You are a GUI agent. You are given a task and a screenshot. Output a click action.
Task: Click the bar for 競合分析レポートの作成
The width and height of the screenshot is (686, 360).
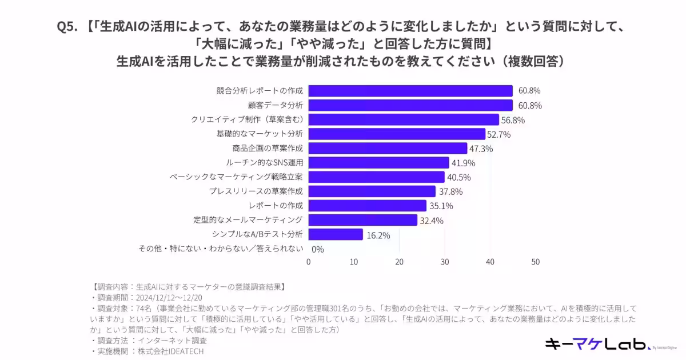410,91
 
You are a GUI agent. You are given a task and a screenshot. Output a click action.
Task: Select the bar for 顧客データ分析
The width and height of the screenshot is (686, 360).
410,105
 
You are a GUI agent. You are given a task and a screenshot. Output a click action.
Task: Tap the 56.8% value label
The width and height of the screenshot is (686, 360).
513,120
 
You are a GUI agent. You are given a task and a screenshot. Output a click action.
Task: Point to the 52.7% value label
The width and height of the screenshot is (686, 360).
499,134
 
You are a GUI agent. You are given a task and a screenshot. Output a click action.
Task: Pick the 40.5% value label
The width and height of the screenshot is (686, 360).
458,177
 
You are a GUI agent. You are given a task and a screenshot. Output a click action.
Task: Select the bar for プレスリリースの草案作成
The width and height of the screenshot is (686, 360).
372,191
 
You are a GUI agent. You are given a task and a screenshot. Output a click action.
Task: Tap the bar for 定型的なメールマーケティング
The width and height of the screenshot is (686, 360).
363,220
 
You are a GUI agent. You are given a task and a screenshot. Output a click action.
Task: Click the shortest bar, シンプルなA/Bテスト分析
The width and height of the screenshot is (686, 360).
336,234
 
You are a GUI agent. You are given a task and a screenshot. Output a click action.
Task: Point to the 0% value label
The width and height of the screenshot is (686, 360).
318,249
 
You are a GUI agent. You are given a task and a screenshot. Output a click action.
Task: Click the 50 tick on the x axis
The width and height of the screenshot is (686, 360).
535,262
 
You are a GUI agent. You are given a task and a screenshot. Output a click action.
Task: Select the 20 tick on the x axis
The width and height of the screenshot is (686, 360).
399,262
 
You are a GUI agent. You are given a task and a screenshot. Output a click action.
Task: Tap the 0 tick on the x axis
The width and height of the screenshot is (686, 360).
309,262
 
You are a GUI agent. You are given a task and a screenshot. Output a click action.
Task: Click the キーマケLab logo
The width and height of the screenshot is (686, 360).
597,343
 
